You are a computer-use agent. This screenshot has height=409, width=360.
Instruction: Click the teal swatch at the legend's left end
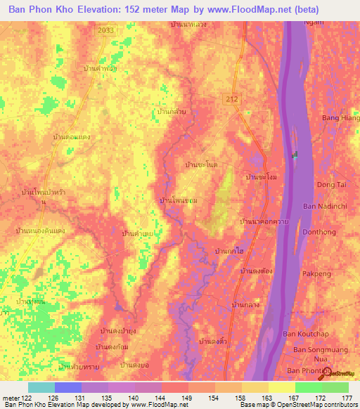click(41, 387)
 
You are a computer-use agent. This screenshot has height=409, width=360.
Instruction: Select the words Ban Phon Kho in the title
click(40, 10)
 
